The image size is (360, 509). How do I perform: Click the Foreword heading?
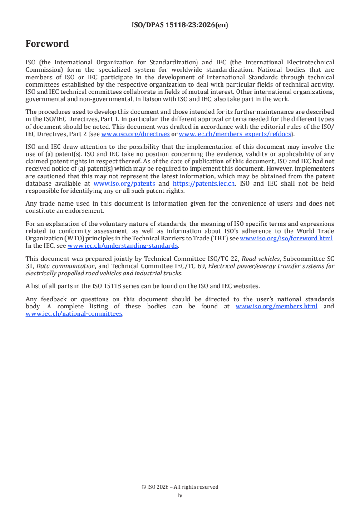tap(47, 44)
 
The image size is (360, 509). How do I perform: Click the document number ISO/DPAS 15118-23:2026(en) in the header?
tap(180, 25)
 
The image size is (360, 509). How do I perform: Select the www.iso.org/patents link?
tap(124, 183)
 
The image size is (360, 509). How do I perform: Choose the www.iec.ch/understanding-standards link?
tap(123, 246)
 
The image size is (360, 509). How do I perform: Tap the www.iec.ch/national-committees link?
tap(74, 313)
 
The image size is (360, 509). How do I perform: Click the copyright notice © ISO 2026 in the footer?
tap(180, 487)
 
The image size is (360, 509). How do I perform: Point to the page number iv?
tap(180, 495)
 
